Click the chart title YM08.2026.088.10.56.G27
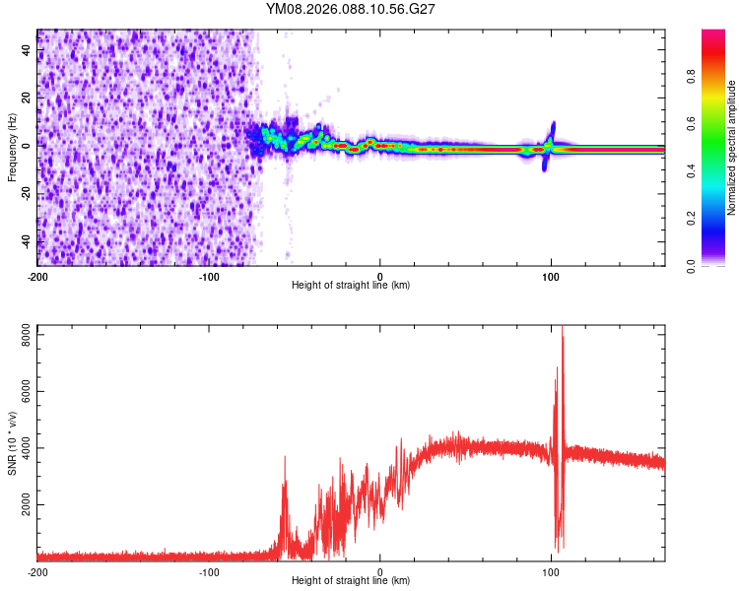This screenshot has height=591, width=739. [351, 9]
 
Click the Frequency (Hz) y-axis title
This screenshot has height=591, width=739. [12, 148]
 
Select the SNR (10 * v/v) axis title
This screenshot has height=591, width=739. [12, 443]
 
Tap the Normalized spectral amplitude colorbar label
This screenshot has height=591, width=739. [732, 148]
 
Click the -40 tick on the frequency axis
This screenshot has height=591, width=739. [25, 241]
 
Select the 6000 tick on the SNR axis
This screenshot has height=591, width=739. [21, 392]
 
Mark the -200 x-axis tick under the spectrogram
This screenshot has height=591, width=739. [37, 275]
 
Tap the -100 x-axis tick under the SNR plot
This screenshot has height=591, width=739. [209, 570]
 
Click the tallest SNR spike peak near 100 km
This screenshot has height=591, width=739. [563, 328]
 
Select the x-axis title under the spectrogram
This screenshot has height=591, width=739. [351, 286]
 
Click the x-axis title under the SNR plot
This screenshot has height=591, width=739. [351, 581]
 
